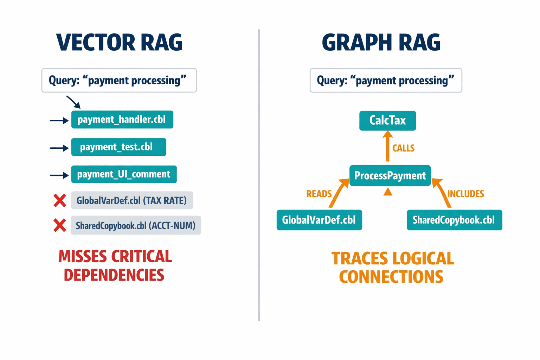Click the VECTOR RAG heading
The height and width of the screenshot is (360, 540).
point(119,43)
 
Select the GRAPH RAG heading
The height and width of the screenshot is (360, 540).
point(381,43)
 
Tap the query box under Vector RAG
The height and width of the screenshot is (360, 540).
point(119,81)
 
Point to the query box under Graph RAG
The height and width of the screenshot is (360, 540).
point(386,81)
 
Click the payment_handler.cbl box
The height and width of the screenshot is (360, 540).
point(122,120)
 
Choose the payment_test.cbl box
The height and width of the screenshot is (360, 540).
point(118,147)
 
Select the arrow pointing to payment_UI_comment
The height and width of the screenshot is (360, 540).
point(59,175)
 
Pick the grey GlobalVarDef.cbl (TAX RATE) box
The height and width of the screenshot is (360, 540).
point(132,200)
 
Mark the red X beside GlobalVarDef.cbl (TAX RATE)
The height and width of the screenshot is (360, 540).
point(60,200)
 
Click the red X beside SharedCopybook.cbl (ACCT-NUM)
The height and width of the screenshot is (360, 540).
point(60,225)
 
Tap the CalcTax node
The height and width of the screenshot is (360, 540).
point(387,121)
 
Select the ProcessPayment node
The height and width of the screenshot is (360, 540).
point(390,175)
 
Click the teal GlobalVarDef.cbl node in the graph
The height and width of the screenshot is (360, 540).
point(319,220)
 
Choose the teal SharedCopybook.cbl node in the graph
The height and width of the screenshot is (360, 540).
point(454,220)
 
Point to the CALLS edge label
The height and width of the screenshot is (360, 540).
point(403,148)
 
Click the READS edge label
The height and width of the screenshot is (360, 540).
point(319,194)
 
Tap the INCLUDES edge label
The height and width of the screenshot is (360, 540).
point(465,194)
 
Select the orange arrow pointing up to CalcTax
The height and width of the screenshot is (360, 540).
point(387,146)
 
